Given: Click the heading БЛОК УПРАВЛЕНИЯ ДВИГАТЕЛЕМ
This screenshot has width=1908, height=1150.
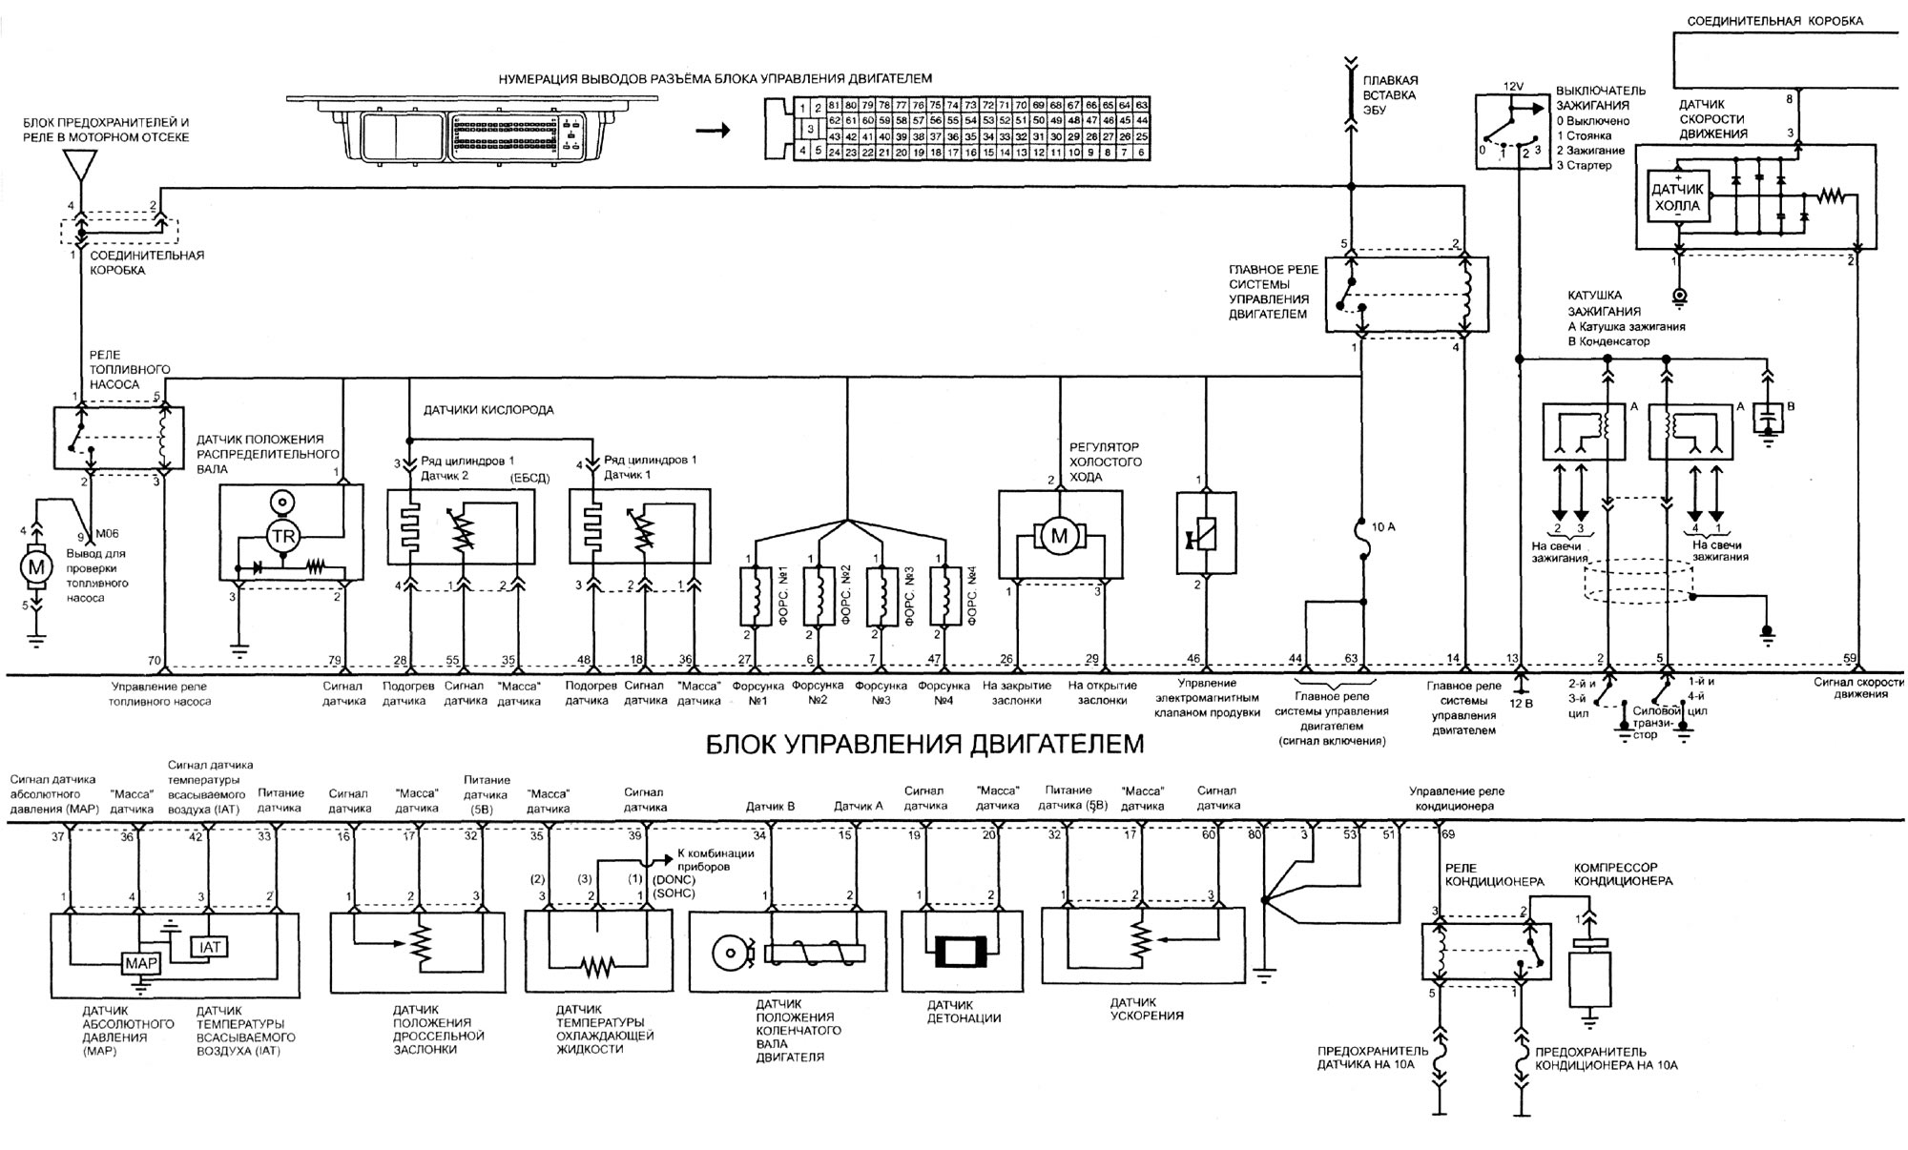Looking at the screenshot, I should coord(924,743).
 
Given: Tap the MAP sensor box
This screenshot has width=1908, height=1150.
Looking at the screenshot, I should coord(139,964).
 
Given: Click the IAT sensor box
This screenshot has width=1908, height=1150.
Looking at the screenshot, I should coord(210,947).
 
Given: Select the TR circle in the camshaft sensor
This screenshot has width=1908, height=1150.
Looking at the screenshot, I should coord(283,537).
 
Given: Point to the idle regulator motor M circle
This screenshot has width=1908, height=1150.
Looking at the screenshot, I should coord(1059,537).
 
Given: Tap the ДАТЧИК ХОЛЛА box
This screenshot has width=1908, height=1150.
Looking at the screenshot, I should coord(1676,197).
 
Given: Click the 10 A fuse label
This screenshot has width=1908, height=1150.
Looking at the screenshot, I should coord(1382,527).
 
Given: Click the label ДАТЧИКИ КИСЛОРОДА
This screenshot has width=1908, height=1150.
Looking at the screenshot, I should coord(488,410).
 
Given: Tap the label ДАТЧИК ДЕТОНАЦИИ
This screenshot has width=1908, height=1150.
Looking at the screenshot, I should coord(964,1011).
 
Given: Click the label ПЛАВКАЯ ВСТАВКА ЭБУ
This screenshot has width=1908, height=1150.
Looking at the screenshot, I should coord(1389,95).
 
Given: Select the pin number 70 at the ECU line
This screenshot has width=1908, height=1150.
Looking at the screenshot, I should coord(154,660).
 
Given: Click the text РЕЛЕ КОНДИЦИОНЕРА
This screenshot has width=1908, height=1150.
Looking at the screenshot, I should coord(1494,874).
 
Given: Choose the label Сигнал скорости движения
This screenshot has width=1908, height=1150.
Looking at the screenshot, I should coord(1857,688).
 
